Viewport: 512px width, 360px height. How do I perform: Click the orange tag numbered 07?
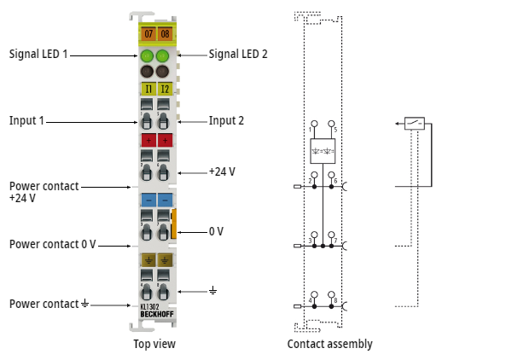click(148, 34)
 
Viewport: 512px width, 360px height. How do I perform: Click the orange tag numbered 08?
click(165, 34)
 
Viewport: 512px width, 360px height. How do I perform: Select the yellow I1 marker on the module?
click(148, 88)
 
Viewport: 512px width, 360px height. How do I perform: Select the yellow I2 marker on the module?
click(165, 88)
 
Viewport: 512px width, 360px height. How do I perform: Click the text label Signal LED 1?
click(38, 54)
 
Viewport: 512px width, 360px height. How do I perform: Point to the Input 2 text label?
click(226, 121)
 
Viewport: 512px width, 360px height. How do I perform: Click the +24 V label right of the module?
click(222, 171)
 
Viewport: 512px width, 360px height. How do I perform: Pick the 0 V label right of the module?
click(216, 231)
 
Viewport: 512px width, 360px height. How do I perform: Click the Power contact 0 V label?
click(52, 244)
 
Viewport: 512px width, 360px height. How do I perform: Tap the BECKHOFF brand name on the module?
click(156, 315)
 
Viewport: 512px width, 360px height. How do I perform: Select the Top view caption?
click(154, 344)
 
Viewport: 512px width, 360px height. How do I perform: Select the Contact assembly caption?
click(329, 344)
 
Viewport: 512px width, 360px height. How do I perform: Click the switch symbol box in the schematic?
click(415, 124)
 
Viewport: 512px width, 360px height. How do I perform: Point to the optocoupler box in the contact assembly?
click(323, 150)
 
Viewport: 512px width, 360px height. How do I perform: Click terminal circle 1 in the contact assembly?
click(314, 125)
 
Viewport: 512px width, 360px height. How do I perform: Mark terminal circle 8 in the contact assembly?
click(332, 294)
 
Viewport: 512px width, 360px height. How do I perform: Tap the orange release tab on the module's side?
click(173, 223)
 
